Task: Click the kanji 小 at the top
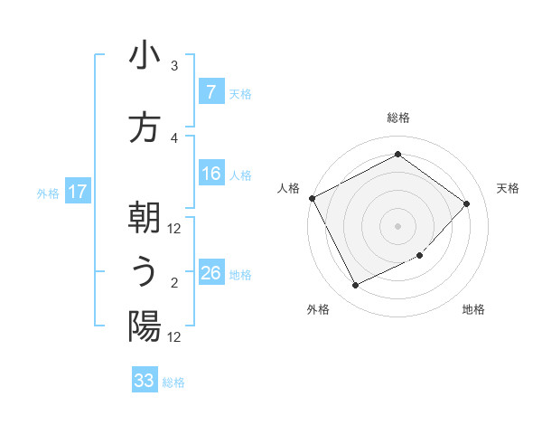145,58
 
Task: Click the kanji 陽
145,326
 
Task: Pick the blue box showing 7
210,92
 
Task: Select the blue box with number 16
210,174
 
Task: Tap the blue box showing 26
210,273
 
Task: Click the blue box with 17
78,192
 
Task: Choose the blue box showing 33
145,381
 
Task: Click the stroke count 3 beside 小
174,66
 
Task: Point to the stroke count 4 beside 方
174,137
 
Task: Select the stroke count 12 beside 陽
174,336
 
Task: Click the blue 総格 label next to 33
173,382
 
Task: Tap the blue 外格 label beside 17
48,193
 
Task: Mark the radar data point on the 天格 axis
466,203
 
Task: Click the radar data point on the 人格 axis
312,198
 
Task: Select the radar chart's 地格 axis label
473,309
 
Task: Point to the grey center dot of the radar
397,225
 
